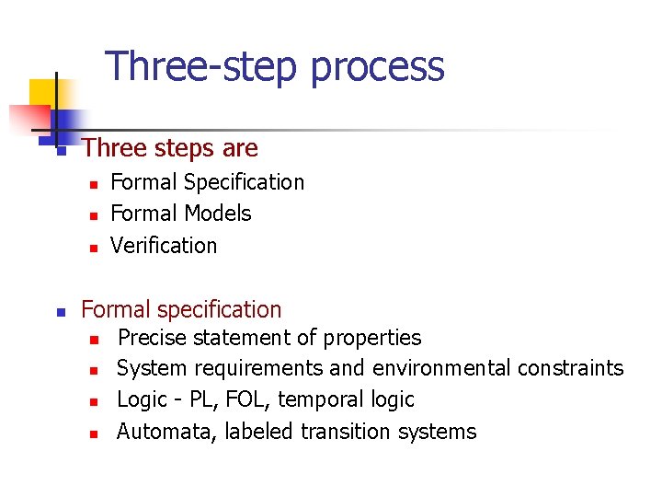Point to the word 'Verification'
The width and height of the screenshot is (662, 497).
coord(164,246)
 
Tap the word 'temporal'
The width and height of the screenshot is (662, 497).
coord(319,399)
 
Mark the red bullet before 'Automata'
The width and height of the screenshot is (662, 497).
coord(93,433)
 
